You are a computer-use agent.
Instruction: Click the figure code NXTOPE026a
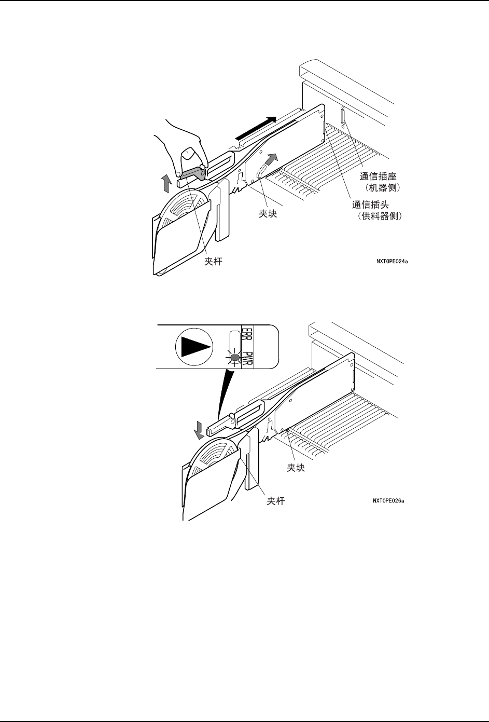(388, 501)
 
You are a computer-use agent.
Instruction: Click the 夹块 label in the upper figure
(268, 213)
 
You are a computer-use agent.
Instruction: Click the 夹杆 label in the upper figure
(213, 262)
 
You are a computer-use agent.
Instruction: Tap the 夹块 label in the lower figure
(296, 468)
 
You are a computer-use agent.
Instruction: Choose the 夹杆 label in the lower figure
(275, 501)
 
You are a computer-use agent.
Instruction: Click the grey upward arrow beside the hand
(166, 183)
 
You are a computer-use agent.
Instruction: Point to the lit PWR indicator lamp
(234, 357)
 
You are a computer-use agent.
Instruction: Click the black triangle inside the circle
(195, 346)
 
